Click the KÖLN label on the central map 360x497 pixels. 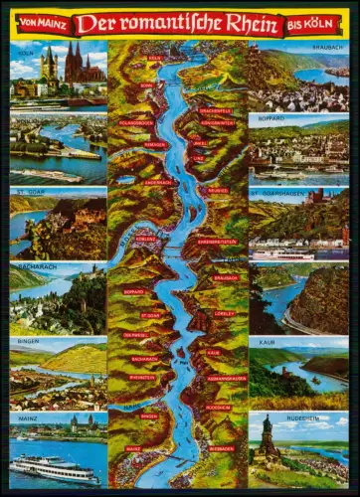[154, 59]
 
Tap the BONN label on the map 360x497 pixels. [146, 85]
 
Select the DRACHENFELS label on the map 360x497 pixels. [215, 110]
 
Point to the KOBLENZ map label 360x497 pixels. [145, 239]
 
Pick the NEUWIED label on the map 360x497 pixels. [218, 190]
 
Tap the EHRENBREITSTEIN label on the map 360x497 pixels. [217, 242]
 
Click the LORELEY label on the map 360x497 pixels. [224, 312]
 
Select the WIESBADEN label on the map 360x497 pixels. [222, 448]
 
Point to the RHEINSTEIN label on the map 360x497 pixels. [143, 377]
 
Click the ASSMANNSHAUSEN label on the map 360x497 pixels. [228, 379]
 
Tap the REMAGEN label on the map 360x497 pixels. [154, 144]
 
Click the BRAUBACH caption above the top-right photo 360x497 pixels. [297, 45]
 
